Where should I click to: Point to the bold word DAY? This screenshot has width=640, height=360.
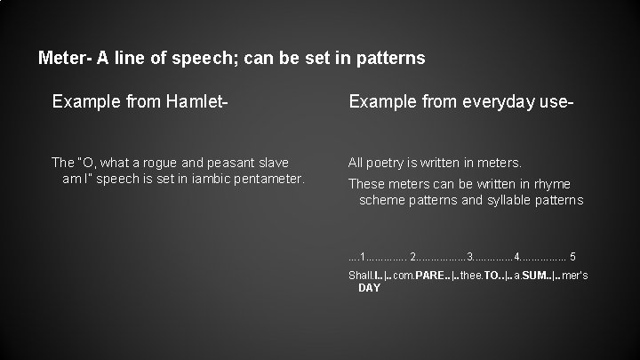(369, 289)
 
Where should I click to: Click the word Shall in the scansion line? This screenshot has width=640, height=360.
(360, 276)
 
